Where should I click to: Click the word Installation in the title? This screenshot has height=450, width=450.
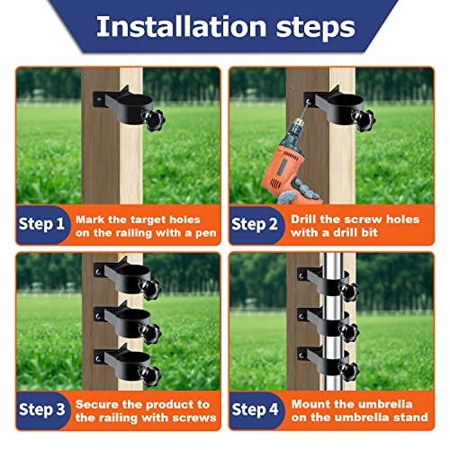(x=181, y=26)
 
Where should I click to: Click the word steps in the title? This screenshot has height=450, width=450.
(x=316, y=29)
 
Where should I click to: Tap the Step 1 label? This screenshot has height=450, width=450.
(x=41, y=224)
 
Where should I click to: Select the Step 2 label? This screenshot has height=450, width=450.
(x=254, y=224)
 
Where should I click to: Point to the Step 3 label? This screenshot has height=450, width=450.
(x=41, y=409)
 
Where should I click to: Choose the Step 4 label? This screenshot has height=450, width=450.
(x=255, y=409)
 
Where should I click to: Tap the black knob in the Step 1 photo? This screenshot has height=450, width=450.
(x=154, y=120)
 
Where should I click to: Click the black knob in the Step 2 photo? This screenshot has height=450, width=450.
(x=364, y=120)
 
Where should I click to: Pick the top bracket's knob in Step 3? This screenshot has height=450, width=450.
(x=150, y=290)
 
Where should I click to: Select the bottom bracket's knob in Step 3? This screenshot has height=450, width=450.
(x=150, y=376)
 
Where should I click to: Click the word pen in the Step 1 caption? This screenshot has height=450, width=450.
(x=206, y=233)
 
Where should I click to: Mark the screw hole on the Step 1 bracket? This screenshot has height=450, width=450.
(x=98, y=98)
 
